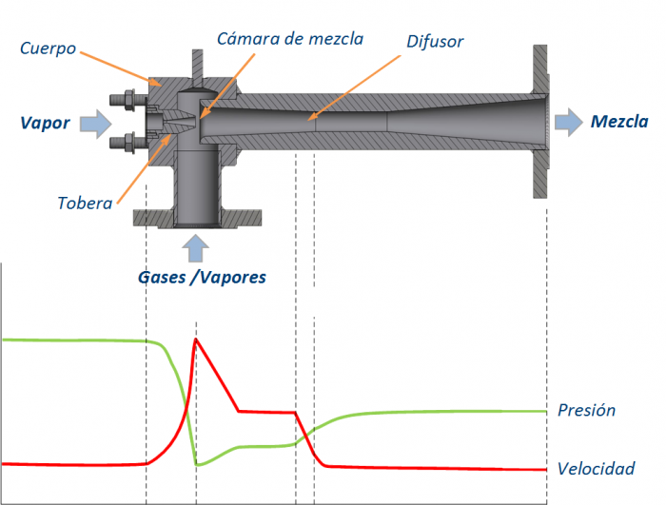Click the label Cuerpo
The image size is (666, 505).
coord(48,49)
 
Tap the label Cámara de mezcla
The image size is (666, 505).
coord(290,39)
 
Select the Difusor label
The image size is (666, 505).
coord(435,42)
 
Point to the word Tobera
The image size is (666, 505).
coord(85,203)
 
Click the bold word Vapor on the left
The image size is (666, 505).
coord(45,124)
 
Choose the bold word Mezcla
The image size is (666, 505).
coord(619,122)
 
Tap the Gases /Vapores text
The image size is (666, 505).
coord(202,278)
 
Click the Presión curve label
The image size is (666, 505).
coord(587,410)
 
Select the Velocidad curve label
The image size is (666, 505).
coord(596,469)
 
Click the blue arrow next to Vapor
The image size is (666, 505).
coord(96,124)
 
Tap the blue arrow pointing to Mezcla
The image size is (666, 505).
coord(569,123)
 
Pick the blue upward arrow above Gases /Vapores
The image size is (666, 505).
coord(195,248)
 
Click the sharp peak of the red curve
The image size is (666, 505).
coord(195,339)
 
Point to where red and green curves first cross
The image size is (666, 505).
coord(186,409)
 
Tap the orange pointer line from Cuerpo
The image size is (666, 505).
coord(121,68)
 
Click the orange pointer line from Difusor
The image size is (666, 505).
coord(354,87)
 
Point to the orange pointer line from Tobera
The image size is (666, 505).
coord(144,168)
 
